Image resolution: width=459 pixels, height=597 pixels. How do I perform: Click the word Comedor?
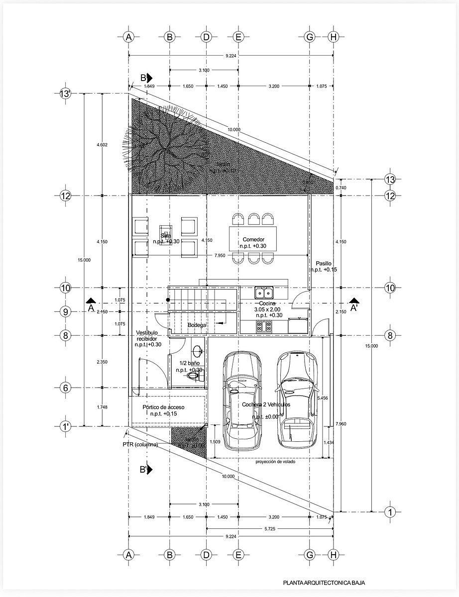click(x=253, y=239)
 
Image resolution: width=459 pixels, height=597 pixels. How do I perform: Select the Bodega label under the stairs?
click(x=197, y=325)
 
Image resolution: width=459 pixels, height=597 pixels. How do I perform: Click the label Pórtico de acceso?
click(x=163, y=407)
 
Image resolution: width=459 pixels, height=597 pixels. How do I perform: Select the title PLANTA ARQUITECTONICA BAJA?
click(x=327, y=582)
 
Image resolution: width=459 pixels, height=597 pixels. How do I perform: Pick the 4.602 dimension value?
click(x=102, y=145)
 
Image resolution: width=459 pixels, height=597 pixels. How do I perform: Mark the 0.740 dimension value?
click(x=341, y=188)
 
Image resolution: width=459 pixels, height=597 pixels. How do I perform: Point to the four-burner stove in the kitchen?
click(x=263, y=327)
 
